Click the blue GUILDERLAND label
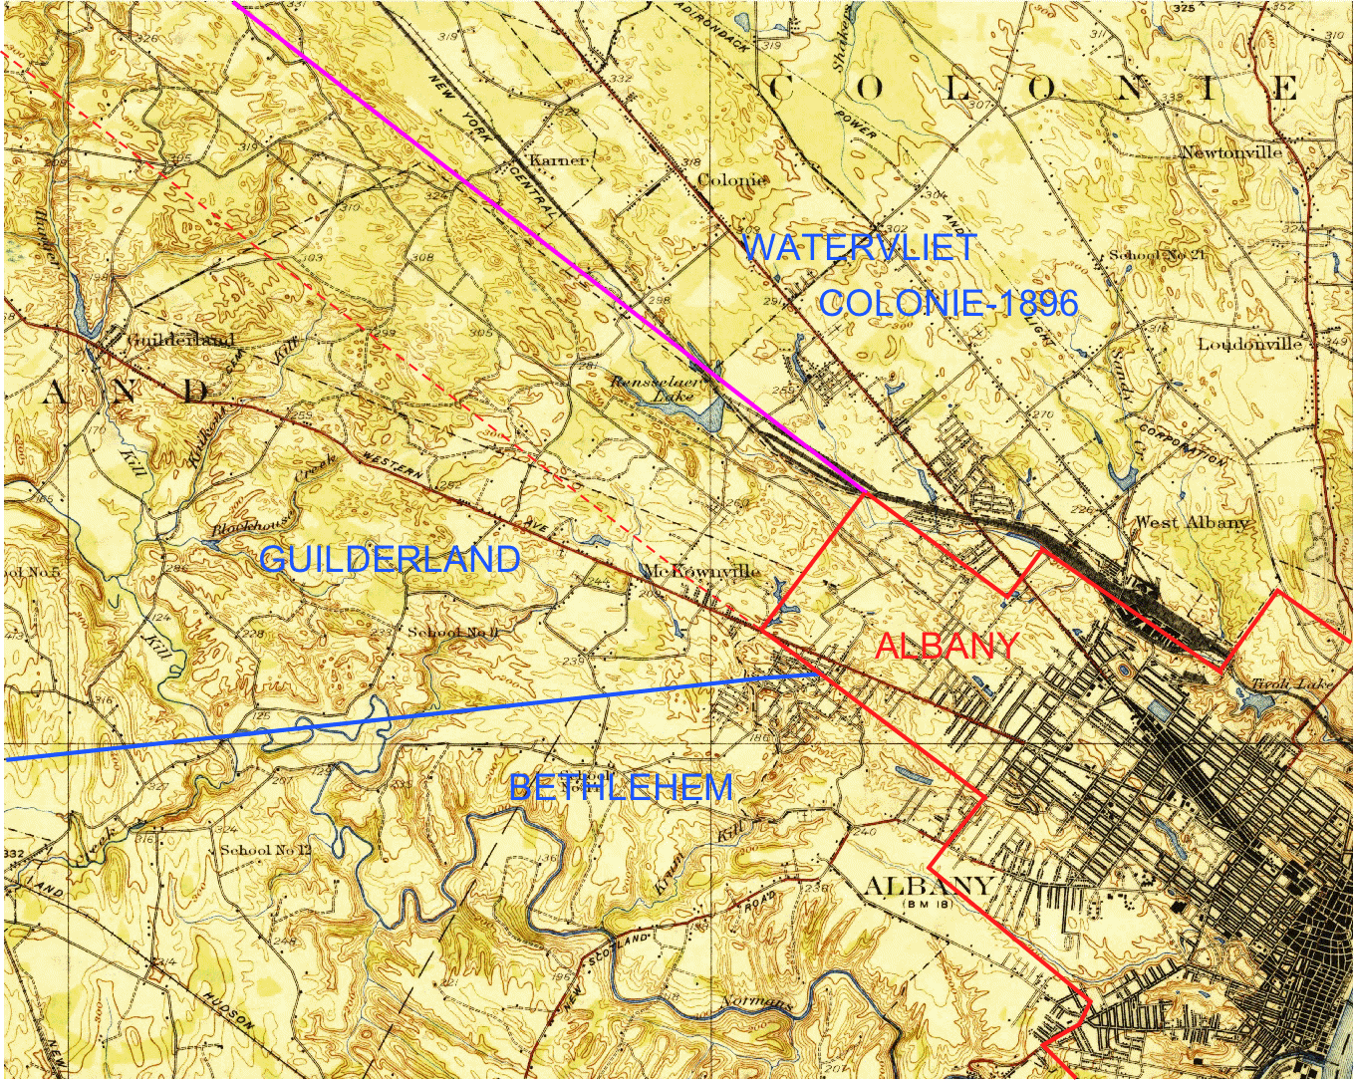point(390,559)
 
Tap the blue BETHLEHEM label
point(621,788)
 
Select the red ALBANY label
point(947,647)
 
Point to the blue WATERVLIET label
point(859,247)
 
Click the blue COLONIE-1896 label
point(948,303)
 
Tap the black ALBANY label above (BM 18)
point(929,885)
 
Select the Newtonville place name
point(1231,152)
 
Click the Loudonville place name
point(1249,344)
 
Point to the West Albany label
point(1192,522)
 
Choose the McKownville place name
point(701,571)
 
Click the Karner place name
point(558,160)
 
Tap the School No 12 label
point(265,850)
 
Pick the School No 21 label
point(1157,255)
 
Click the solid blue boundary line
point(399,716)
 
